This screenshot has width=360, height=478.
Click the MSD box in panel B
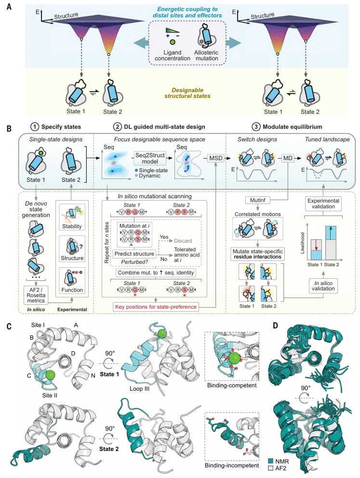[215, 158]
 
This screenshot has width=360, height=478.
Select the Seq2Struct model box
[150, 158]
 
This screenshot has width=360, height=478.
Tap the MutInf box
[258, 200]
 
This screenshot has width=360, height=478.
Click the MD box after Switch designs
[288, 158]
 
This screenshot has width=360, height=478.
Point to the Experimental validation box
[323, 204]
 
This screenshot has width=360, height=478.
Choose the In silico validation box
[323, 286]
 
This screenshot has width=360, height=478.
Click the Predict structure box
[134, 254]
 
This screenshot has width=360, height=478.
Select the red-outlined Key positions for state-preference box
[156, 307]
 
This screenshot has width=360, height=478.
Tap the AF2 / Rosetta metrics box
[36, 295]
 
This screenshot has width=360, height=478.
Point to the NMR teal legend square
[270, 461]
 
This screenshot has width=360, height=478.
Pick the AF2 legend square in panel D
[270, 468]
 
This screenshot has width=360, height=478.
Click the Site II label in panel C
[50, 396]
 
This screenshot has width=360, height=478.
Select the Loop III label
[139, 389]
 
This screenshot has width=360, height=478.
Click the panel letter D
[275, 326]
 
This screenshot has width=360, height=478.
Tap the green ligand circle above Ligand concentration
[173, 42]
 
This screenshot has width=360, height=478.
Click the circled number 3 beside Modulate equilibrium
[255, 127]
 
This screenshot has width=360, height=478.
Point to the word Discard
[183, 241]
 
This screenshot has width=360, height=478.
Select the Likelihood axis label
[303, 243]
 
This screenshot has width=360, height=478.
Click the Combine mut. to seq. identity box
[156, 273]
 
